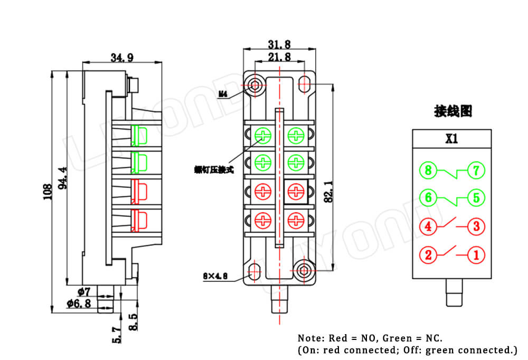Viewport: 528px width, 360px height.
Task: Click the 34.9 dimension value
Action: [x=122, y=58]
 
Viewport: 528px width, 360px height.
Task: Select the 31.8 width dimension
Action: [x=279, y=44]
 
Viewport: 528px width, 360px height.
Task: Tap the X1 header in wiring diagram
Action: [x=451, y=139]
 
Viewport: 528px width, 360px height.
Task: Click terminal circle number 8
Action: [x=428, y=170]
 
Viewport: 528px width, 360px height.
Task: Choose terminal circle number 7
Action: [x=476, y=170]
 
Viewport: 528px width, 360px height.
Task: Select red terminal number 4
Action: [x=428, y=227]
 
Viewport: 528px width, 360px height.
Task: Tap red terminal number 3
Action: [x=476, y=227]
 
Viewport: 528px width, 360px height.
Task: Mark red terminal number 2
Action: [x=428, y=255]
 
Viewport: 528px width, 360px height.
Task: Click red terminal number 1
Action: [x=476, y=255]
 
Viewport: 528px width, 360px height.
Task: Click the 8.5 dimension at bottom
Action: [x=133, y=321]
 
